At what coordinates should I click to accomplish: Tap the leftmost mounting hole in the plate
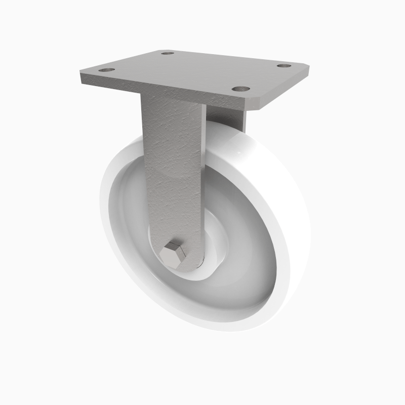pos(106,69)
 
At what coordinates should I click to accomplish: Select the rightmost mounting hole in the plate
pos(283,66)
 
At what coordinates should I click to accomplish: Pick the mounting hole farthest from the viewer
pos(168,52)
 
